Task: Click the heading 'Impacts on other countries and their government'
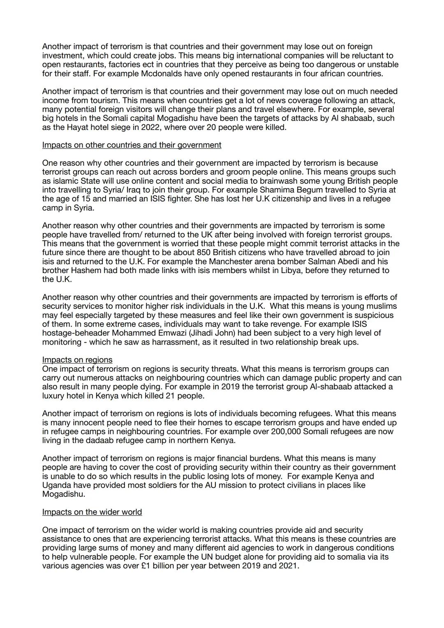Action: [x=132, y=145]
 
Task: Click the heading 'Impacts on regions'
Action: [x=77, y=360]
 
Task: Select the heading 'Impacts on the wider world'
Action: [x=92, y=512]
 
